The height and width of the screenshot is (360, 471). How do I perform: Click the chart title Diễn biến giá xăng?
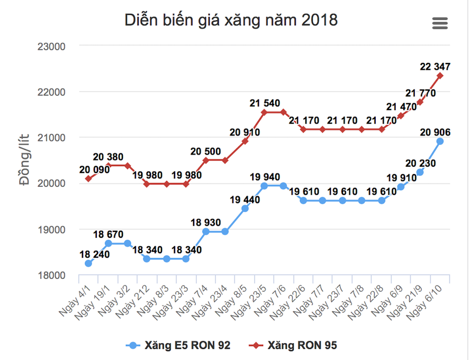tap(231, 21)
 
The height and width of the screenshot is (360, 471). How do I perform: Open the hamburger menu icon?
tap(440, 23)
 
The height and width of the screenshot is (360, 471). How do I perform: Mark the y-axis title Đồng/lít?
tap(24, 160)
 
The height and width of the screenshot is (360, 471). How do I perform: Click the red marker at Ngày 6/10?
tap(440, 75)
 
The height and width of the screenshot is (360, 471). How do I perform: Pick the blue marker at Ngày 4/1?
tap(88, 264)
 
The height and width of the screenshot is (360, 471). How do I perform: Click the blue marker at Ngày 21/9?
tap(420, 172)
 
